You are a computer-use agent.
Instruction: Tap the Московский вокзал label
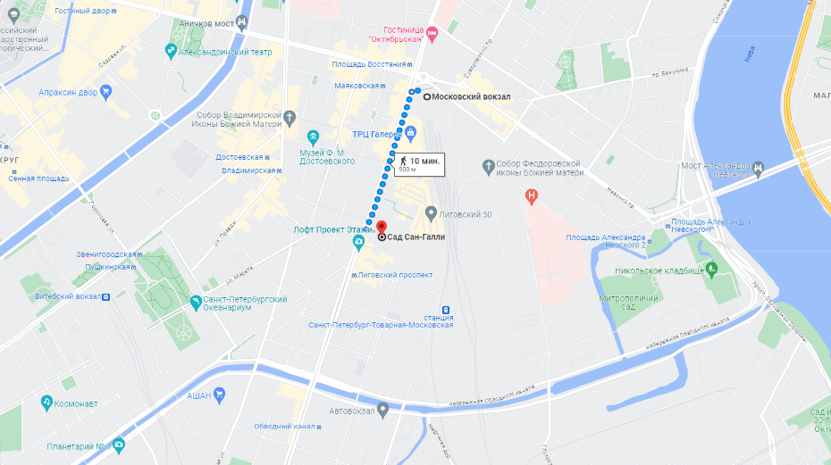point(472,96)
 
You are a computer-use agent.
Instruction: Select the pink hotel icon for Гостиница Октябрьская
point(433,35)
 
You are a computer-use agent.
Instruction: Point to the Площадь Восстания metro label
point(368,64)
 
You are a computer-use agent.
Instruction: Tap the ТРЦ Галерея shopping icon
point(411,134)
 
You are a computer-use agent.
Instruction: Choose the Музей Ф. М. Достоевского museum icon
point(313,137)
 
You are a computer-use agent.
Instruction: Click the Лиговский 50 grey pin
point(431,213)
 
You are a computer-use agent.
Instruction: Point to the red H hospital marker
point(533,195)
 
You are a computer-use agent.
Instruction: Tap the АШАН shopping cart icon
point(220,394)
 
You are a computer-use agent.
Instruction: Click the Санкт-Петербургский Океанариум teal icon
point(196,299)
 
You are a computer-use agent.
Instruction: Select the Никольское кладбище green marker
point(711,267)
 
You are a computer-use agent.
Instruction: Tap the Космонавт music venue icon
point(46,403)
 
